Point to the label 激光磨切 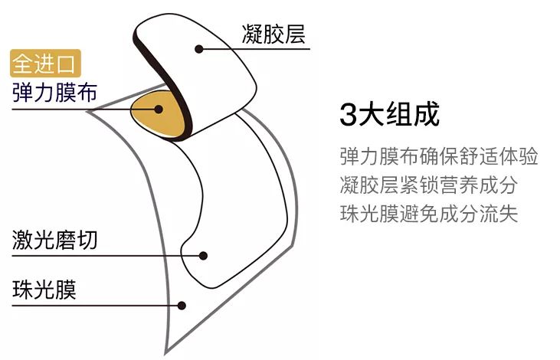coord(54,240)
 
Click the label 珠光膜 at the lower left coord(44,290)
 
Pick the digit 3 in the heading coord(348,116)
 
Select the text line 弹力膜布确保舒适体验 coord(439,156)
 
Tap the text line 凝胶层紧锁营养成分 coord(429,185)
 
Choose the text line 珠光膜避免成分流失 coord(429,213)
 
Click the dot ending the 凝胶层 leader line coord(199,49)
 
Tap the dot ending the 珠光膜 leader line coord(182,306)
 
